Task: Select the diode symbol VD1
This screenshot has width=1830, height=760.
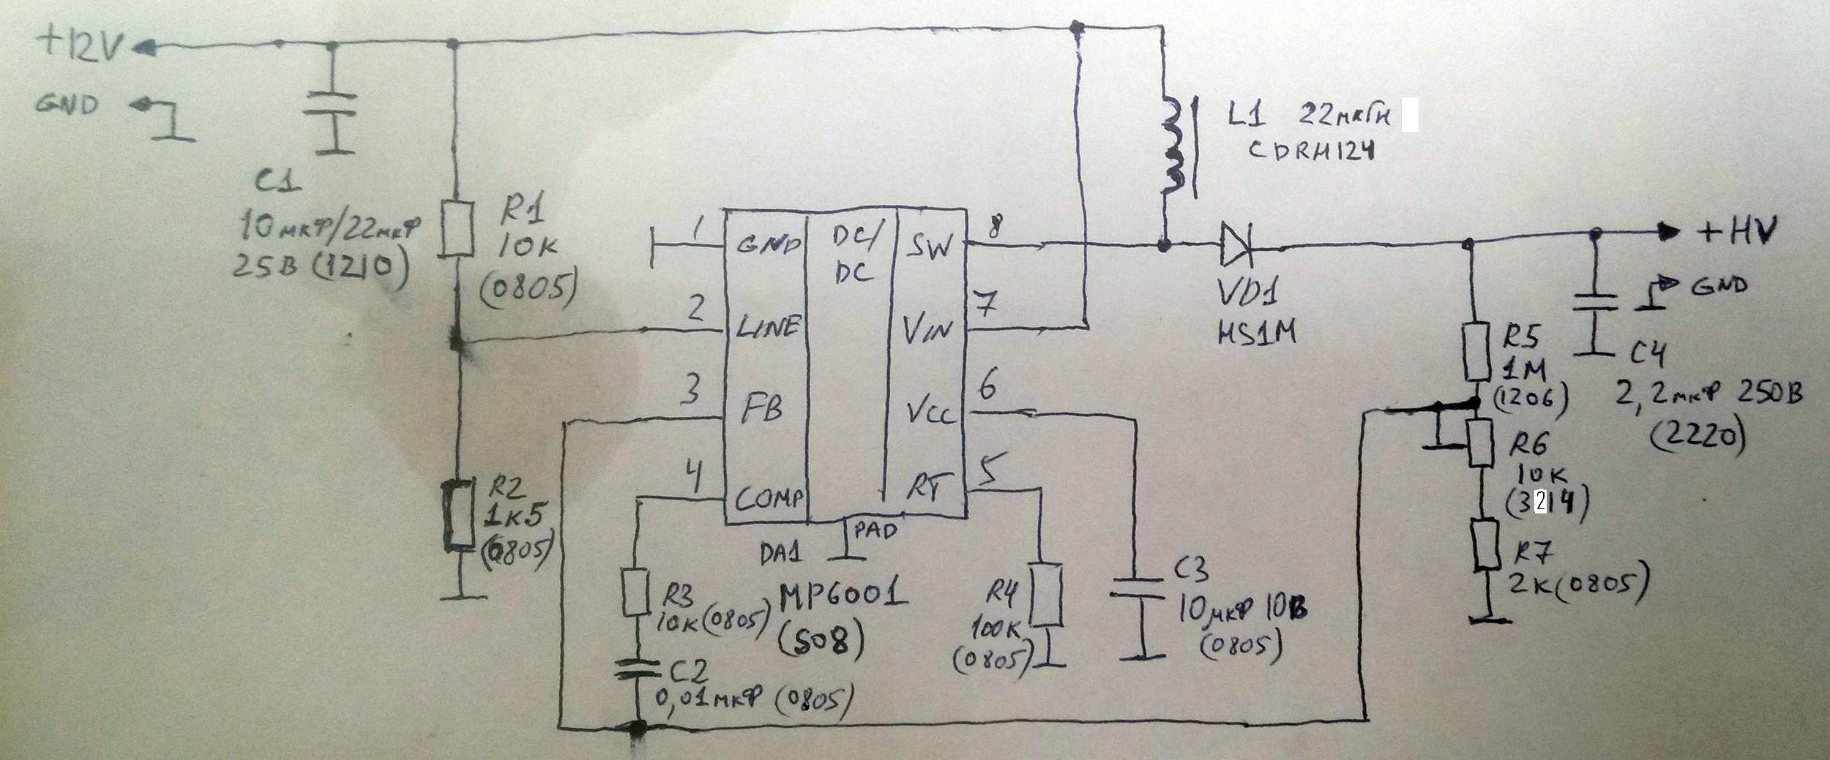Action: pyautogui.click(x=1236, y=244)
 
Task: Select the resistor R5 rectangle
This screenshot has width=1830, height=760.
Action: pyautogui.click(x=1477, y=351)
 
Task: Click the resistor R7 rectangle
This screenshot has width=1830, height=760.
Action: pyautogui.click(x=1479, y=545)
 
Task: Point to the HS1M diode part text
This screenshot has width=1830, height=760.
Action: pyautogui.click(x=1255, y=333)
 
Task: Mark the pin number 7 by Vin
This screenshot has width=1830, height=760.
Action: pyautogui.click(x=987, y=304)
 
